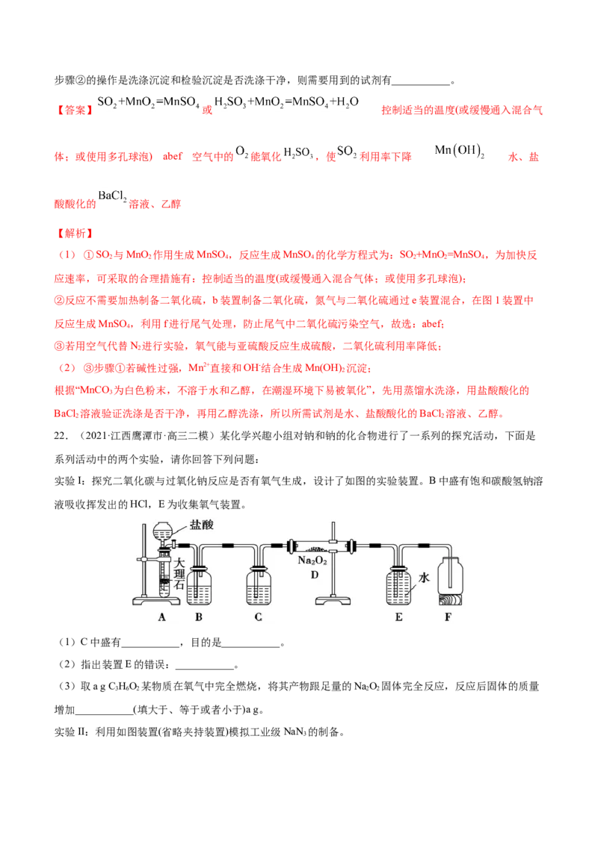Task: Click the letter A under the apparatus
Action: (162, 617)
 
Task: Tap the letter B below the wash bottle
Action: (199, 617)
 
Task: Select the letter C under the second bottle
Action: (258, 617)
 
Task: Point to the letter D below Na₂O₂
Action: (315, 575)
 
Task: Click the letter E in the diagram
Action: (399, 617)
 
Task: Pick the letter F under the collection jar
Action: (448, 617)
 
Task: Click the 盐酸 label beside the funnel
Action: (201, 525)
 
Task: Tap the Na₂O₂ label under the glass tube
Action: (312, 561)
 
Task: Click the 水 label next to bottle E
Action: (425, 578)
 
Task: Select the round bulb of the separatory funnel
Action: (164, 532)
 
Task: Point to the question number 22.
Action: (60, 436)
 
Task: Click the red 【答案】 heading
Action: (75, 110)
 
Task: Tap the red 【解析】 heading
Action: (75, 234)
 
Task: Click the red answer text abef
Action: (173, 156)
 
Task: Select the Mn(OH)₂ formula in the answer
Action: (460, 151)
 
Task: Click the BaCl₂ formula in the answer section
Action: (112, 197)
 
